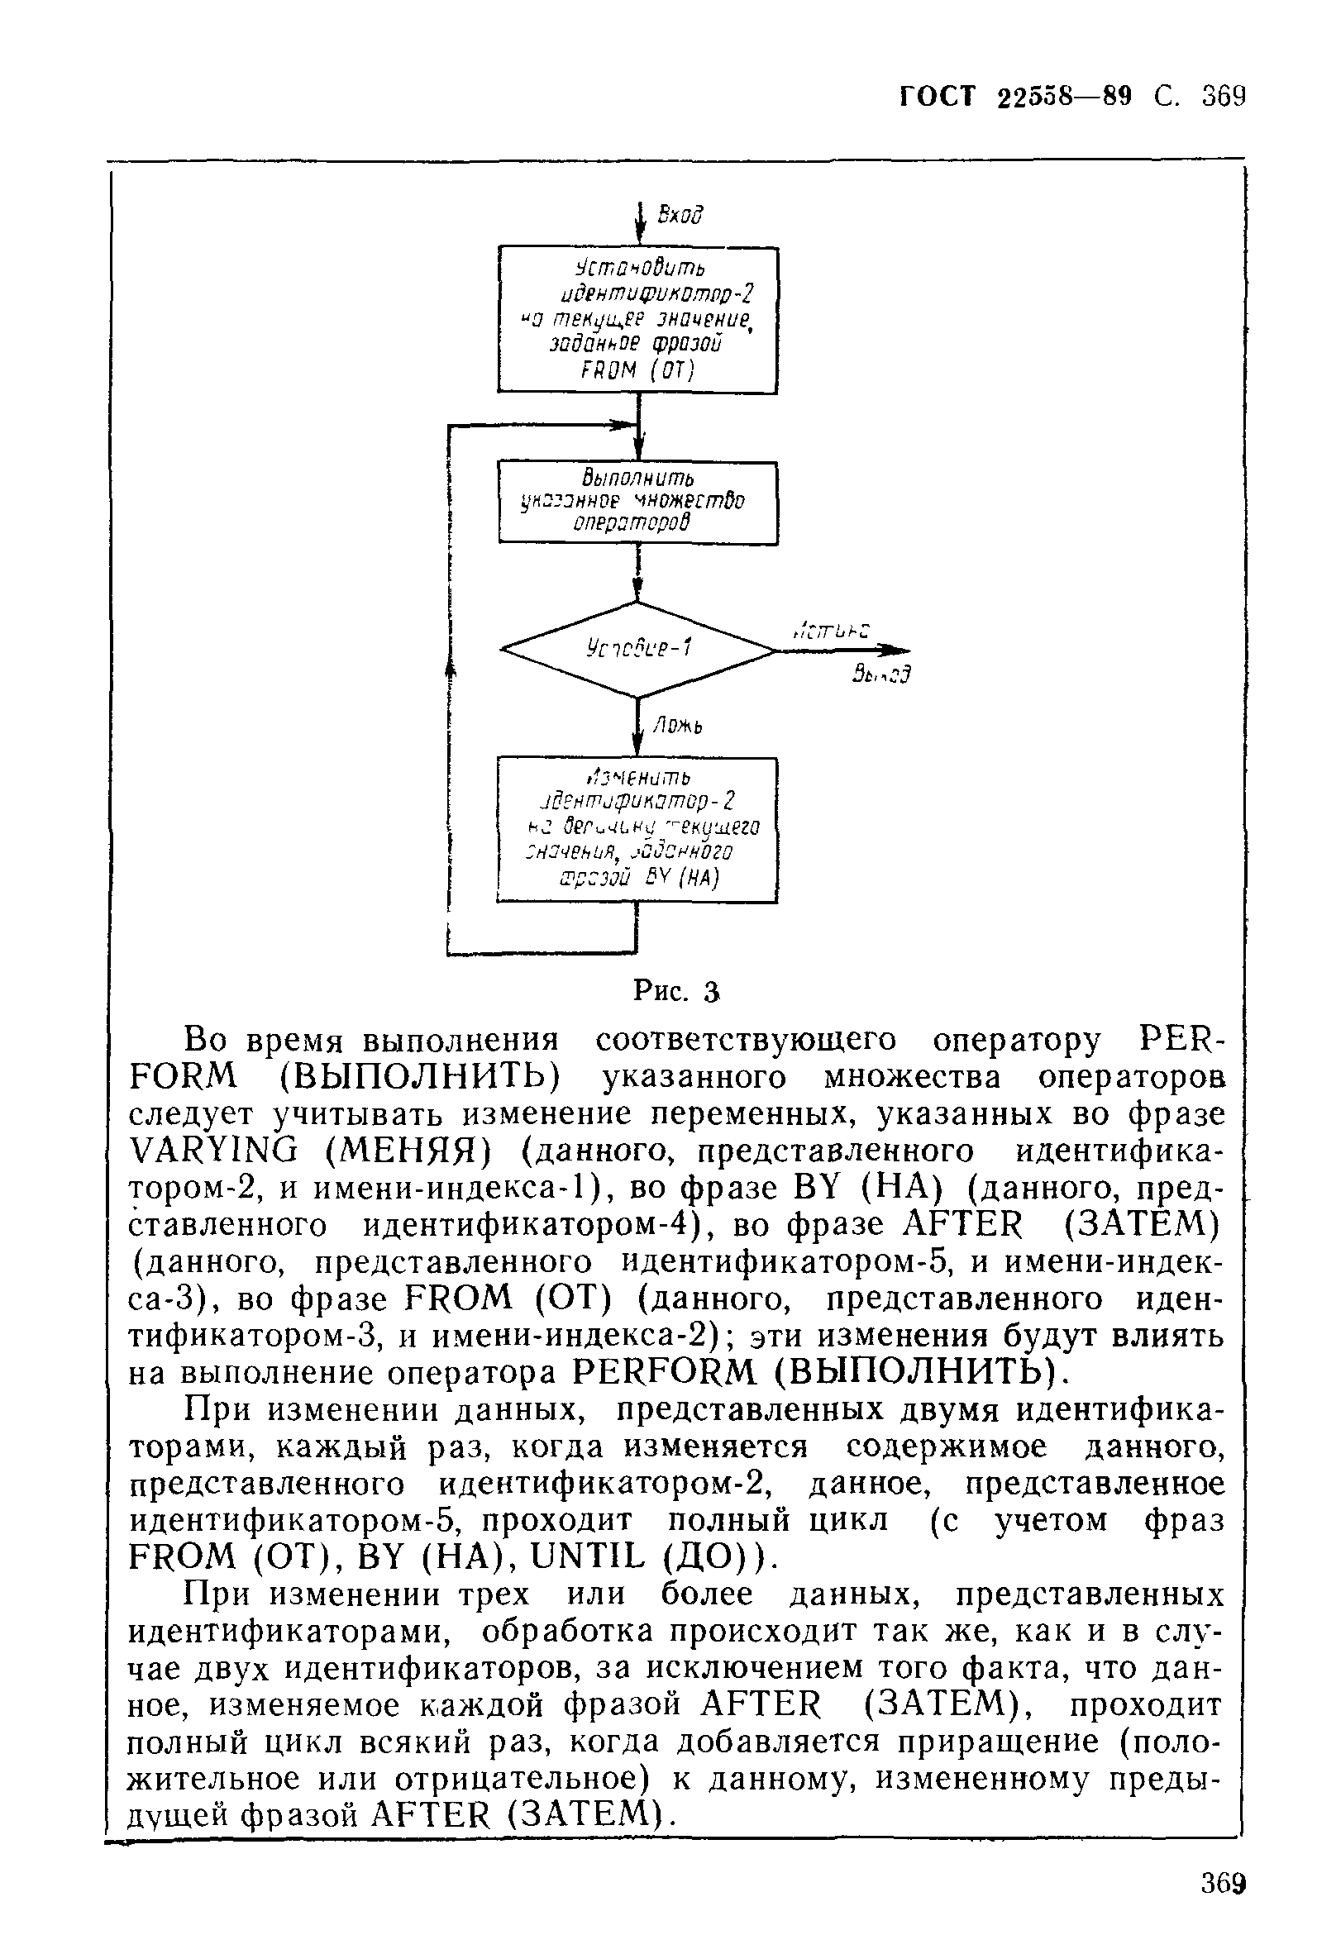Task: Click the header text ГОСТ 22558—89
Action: click(1014, 97)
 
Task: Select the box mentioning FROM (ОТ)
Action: click(637, 319)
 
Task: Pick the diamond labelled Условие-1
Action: click(637, 649)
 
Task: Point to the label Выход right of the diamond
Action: click(880, 674)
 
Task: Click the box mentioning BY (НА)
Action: click(637, 830)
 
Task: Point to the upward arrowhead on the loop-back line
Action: click(451, 668)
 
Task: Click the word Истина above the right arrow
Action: click(831, 630)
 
